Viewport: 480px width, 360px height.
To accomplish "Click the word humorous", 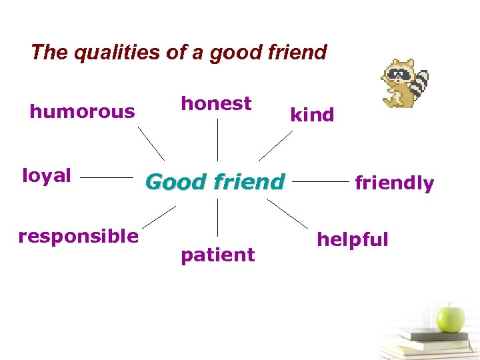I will [x=82, y=111].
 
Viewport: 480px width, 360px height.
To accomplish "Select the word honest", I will [x=216, y=103].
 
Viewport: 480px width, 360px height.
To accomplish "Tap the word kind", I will [x=311, y=115].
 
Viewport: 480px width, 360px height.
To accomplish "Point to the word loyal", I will [x=47, y=175].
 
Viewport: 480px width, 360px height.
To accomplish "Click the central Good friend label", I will [x=215, y=181].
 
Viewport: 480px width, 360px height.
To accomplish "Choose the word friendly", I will [x=394, y=183].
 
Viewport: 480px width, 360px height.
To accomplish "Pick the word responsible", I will [x=79, y=236].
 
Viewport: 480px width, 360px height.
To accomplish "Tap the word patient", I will [x=217, y=255].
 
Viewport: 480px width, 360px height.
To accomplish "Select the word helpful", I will [x=352, y=239].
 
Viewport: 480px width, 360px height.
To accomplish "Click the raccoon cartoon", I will [x=403, y=83].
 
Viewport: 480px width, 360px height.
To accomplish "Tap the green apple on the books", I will [x=451, y=318].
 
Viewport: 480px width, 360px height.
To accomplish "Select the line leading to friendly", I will [x=320, y=180].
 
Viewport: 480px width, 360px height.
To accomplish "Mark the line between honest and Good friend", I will [x=217, y=140].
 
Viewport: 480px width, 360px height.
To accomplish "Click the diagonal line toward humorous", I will [x=151, y=143].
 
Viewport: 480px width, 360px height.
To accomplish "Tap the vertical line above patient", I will [x=217, y=216].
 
